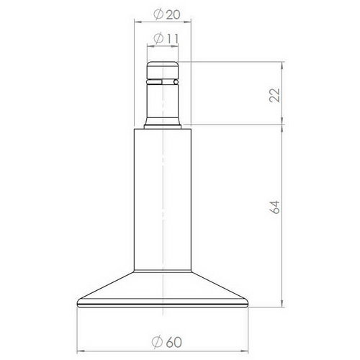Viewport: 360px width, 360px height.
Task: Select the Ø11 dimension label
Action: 163,39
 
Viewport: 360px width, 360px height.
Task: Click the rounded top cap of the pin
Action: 163,69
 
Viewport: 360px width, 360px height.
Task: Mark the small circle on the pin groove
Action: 176,83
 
